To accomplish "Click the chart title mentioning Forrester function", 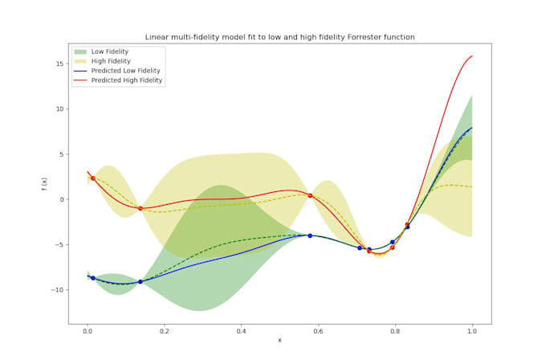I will tap(279, 37).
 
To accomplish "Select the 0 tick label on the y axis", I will tap(61, 199).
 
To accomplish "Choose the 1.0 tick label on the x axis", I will tap(472, 329).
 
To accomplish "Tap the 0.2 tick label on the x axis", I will tap(164, 329).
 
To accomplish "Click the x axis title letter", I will tap(279, 341).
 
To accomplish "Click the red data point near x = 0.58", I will tap(310, 195).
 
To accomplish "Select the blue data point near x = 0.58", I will tap(310, 235).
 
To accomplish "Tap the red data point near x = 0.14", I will tap(141, 208).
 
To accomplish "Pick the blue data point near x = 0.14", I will tap(141, 281).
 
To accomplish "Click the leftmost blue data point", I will tap(93, 278).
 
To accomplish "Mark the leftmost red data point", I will tap(93, 178).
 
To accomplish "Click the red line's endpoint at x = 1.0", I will tap(472, 55).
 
